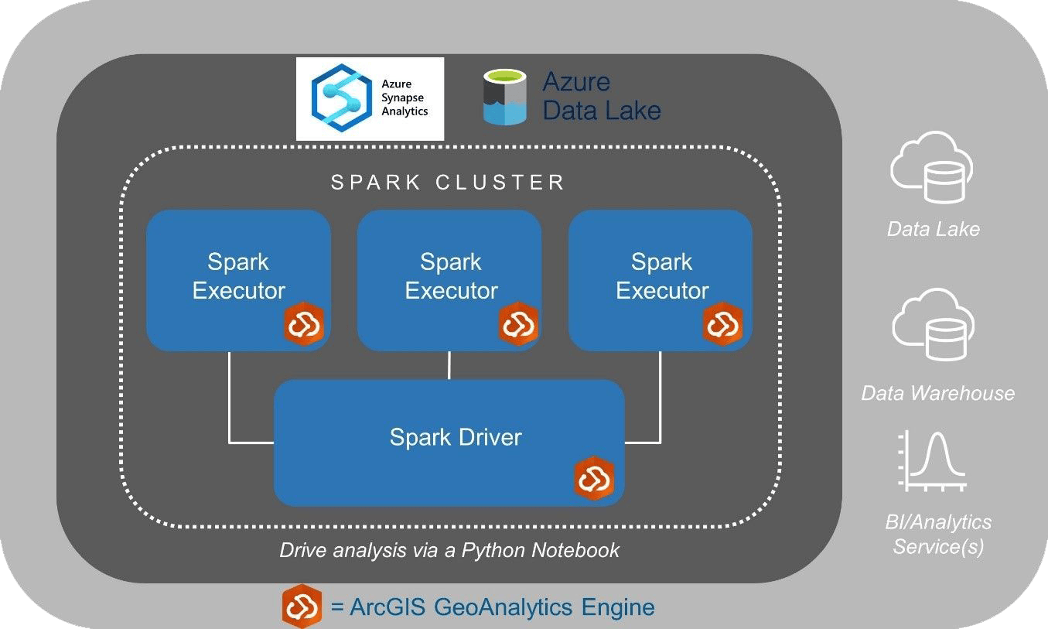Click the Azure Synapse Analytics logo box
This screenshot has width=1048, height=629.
(x=370, y=98)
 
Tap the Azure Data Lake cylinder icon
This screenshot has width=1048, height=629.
(x=504, y=97)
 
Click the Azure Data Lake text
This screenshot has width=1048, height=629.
(x=601, y=96)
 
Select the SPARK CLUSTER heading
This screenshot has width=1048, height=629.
(x=448, y=183)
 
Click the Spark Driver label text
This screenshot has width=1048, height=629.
(x=455, y=437)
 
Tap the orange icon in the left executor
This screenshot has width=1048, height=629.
(x=304, y=324)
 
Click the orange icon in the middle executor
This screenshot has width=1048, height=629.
(x=517, y=324)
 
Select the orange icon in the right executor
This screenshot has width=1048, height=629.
(x=723, y=323)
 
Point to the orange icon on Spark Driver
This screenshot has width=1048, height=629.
(x=594, y=479)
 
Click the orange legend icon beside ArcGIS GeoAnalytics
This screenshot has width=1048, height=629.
(x=302, y=607)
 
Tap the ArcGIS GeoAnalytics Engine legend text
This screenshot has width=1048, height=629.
(x=493, y=607)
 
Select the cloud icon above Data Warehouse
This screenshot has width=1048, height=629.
(x=933, y=328)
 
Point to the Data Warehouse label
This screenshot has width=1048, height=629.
(x=937, y=393)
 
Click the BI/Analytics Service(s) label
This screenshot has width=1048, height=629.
(x=937, y=535)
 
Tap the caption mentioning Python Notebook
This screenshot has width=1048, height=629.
(x=449, y=550)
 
